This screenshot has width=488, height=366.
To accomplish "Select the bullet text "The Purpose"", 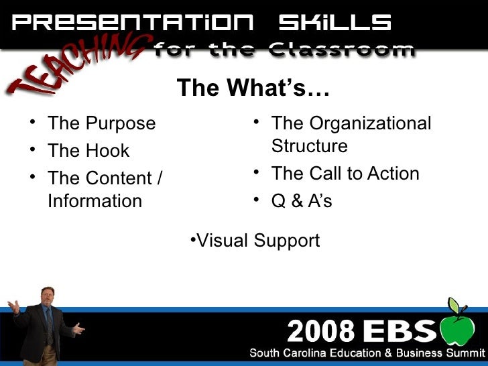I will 101,124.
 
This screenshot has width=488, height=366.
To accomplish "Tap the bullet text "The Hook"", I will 88,151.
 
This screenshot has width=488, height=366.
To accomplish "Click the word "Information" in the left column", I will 95,201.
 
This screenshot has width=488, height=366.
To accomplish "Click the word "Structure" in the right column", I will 309,146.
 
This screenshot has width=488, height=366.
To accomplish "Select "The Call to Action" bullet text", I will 345,174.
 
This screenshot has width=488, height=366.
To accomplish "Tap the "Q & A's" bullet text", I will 302,201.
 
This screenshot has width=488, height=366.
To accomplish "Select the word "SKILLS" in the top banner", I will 334,23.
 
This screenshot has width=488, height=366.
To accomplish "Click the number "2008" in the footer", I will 320,331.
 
